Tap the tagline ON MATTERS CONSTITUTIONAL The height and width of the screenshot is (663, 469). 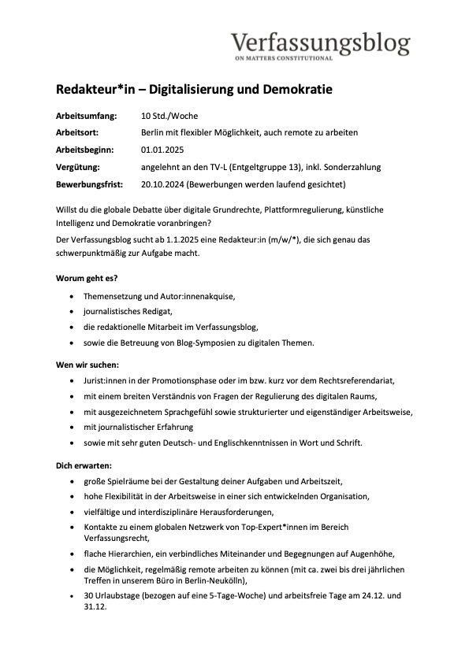pyautogui.click(x=284, y=58)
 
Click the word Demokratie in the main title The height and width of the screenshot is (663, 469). pyautogui.click(x=294, y=90)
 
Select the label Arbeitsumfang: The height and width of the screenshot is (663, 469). pyautogui.click(x=87, y=116)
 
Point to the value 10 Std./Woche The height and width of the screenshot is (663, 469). pyautogui.click(x=169, y=116)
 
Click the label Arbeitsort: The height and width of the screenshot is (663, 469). pyautogui.click(x=80, y=133)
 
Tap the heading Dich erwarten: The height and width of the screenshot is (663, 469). pyautogui.click(x=84, y=465)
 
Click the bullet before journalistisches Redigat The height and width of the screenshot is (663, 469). pyautogui.click(x=73, y=312)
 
